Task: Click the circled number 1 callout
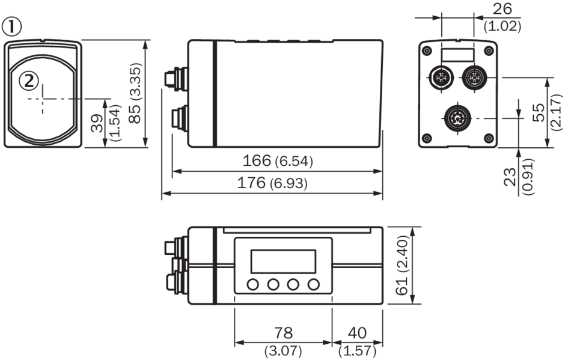click(x=11, y=26)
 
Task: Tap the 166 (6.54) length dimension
click(x=277, y=161)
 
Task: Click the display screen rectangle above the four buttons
click(x=282, y=260)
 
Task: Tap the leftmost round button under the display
click(x=253, y=284)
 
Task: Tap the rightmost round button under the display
click(x=313, y=284)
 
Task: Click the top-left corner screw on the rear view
click(x=427, y=50)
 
